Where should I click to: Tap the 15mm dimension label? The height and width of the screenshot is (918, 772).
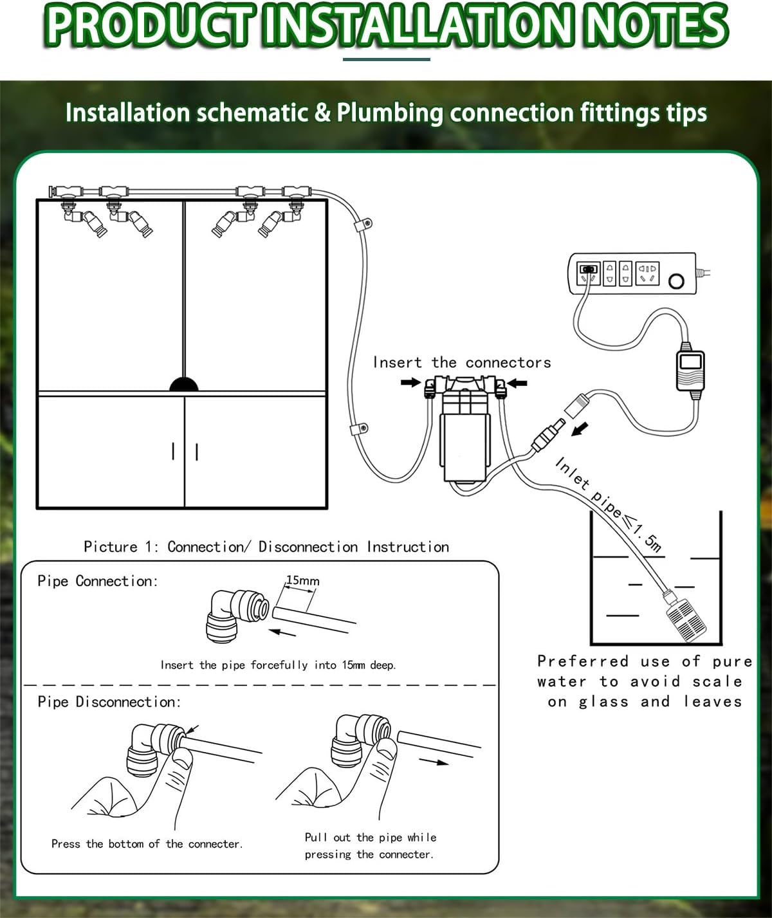pos(302,581)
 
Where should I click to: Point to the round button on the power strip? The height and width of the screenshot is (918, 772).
pos(676,281)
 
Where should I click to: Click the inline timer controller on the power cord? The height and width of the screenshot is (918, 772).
pos(690,370)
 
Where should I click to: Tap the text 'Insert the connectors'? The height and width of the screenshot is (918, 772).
pos(462,363)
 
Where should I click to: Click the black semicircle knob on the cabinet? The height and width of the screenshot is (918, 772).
pos(183,385)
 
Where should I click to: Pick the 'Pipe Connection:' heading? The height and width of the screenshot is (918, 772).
pos(97,581)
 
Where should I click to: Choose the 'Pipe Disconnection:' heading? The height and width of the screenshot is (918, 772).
pos(109,702)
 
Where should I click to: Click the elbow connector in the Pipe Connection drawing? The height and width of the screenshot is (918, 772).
pos(235,616)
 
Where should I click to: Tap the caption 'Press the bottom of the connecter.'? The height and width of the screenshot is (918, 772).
pos(147,844)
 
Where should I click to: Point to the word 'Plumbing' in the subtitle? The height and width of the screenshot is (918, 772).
pos(390,113)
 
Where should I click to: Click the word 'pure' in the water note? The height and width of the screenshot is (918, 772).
pos(732,661)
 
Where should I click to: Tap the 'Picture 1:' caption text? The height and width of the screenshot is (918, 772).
pos(121,547)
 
